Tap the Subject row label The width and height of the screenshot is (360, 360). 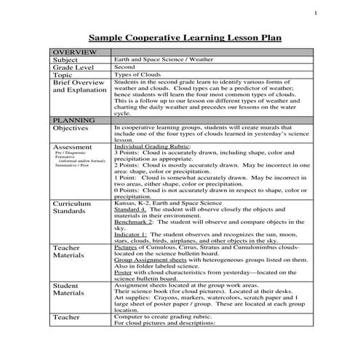(65, 60)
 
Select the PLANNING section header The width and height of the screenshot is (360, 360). (72, 119)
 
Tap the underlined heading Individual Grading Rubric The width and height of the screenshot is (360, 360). (148, 145)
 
